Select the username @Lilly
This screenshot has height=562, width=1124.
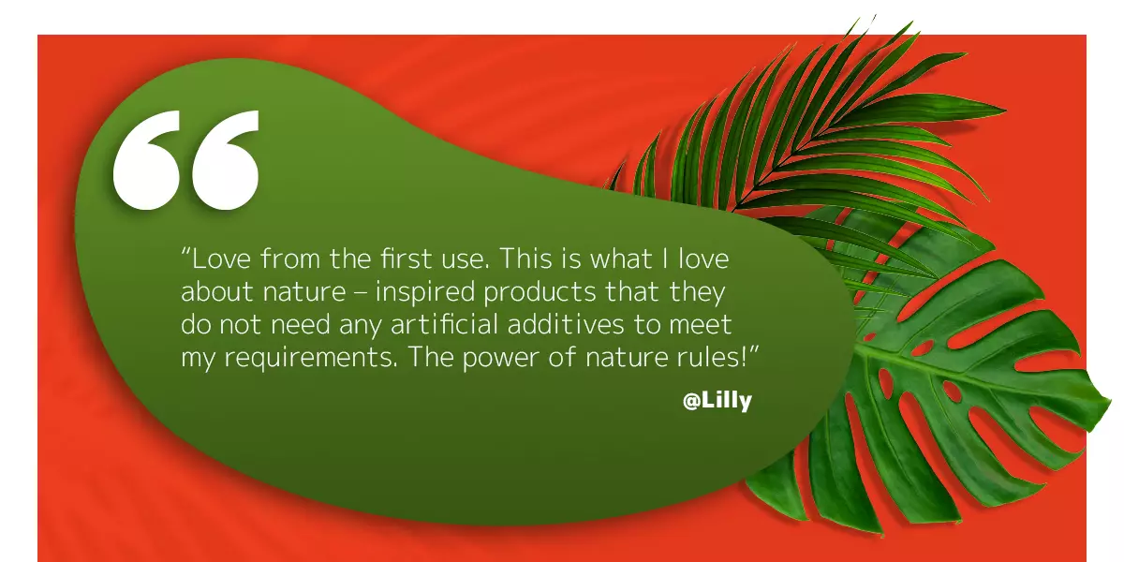point(717,401)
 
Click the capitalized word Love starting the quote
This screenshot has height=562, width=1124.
point(222,259)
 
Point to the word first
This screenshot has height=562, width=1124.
point(406,259)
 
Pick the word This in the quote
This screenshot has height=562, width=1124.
point(525,259)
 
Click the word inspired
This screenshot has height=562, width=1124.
point(425,293)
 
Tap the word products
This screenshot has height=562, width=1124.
point(540,293)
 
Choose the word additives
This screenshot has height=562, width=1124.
point(566,324)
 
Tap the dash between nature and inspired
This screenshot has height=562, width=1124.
point(361,293)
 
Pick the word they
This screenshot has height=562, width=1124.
point(698,293)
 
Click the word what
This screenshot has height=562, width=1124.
point(621,259)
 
